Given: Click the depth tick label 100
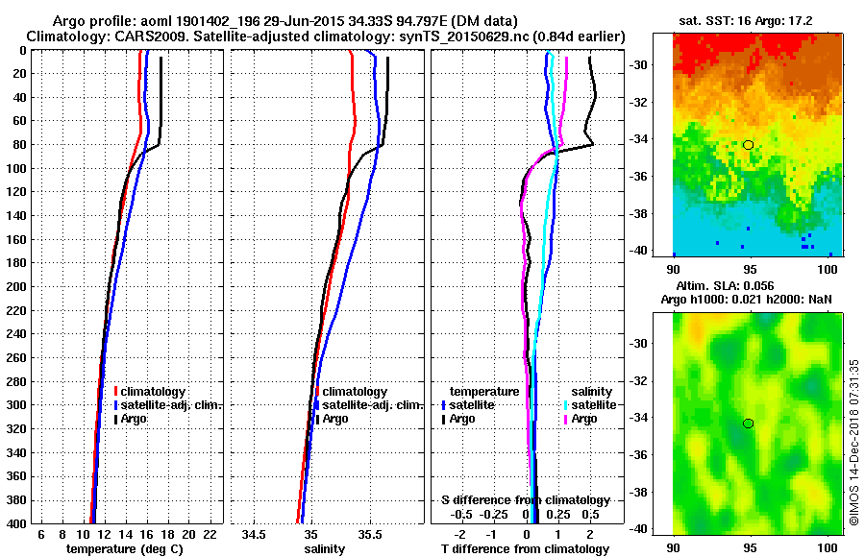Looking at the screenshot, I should coord(18,168).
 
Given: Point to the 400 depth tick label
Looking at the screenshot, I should coord(18,522).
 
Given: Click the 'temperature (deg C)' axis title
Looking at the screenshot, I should coord(124,548).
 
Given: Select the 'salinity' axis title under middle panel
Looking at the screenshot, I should coord(324,548).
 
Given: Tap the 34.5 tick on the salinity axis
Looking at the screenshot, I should coord(254,533).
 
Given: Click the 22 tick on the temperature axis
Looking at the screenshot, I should coord(209,533).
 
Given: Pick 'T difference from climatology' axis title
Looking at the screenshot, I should coord(525,548).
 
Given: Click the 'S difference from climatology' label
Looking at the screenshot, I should coord(525,500).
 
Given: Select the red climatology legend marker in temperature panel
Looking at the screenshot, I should coord(116,392).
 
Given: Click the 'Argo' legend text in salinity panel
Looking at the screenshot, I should coord(335,419).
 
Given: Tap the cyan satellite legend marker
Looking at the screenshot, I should coord(563,405).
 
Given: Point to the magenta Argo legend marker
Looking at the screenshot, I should coord(563,419).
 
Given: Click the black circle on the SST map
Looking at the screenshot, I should coord(748,145).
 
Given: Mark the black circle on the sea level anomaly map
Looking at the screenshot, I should coord(748,424).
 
